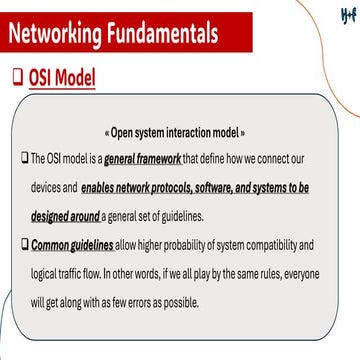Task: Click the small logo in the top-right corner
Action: (345, 13)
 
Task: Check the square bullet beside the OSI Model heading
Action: (16, 77)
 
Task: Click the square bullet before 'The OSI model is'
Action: (25, 158)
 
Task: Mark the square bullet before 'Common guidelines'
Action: (25, 245)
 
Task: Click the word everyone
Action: (318, 274)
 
